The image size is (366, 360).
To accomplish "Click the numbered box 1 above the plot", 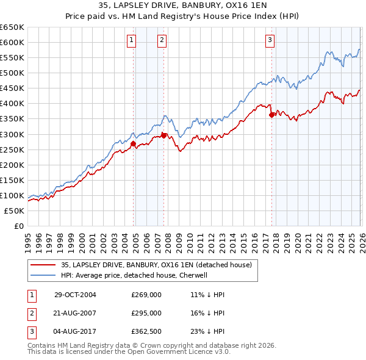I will tap(131, 41).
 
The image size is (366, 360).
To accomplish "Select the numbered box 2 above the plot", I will tap(162, 41).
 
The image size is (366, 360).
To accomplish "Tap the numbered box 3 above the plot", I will tap(270, 41).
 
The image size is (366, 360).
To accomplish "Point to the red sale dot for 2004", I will tap(134, 144).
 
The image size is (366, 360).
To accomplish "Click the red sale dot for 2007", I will tap(163, 135).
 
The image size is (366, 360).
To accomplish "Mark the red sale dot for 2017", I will tap(271, 114).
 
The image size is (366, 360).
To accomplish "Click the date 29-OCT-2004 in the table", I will tap(75, 295).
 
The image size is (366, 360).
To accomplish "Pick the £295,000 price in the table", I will tap(146, 313).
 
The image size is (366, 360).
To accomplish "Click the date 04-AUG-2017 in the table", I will tap(75, 331).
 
